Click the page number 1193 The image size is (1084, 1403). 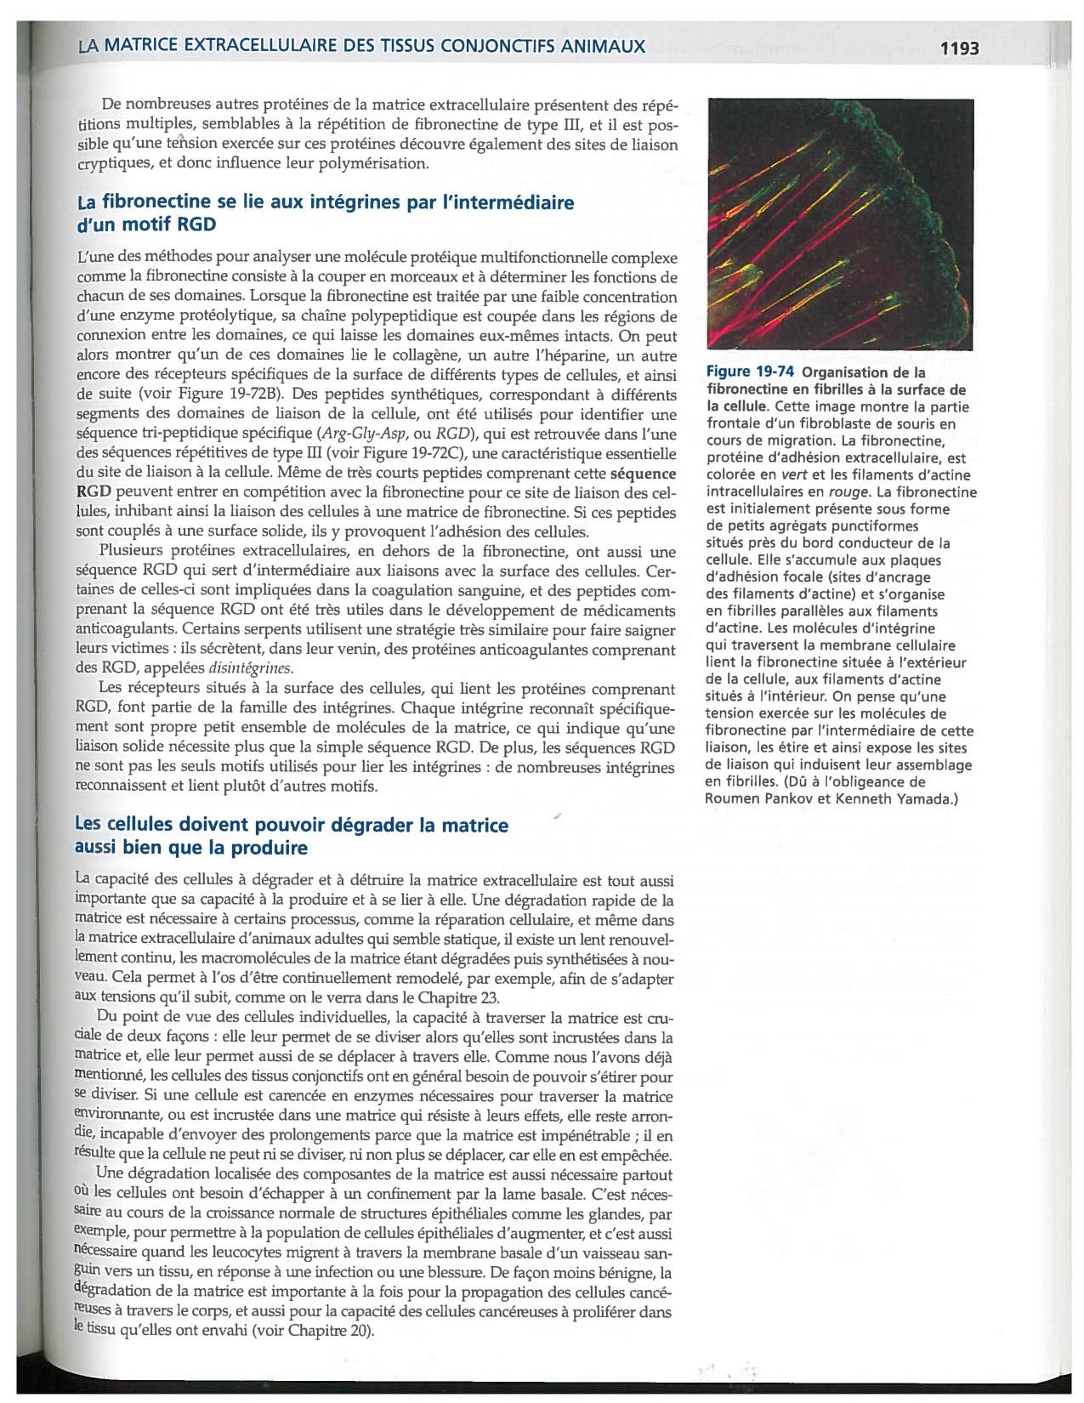click(959, 48)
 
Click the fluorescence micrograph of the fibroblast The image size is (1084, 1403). click(840, 223)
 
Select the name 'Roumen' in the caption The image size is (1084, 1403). click(735, 799)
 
